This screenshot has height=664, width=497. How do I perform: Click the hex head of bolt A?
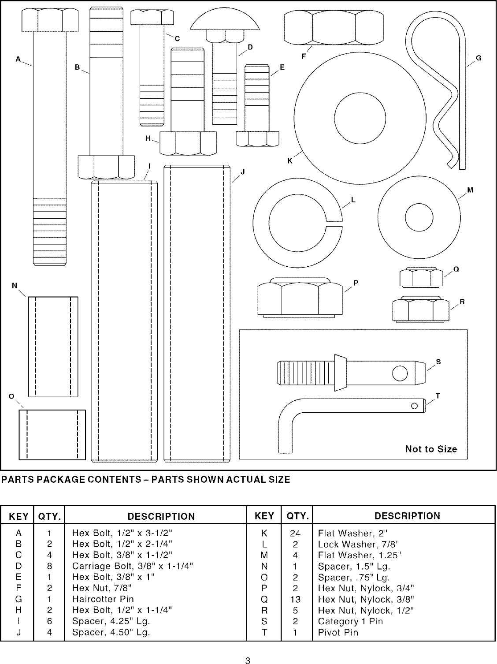click(50, 21)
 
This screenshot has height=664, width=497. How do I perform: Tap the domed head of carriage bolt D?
click(224, 20)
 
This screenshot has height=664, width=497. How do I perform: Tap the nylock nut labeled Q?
click(421, 277)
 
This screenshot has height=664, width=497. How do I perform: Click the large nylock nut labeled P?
click(300, 297)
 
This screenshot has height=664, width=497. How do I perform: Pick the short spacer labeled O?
click(52, 435)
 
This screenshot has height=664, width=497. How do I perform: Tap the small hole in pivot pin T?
click(414, 406)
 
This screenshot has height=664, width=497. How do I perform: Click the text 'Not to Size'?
click(431, 449)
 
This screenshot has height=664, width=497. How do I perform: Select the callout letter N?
click(15, 286)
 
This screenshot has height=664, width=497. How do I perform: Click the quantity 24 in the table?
click(295, 533)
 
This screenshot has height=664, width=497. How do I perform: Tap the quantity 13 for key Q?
click(295, 599)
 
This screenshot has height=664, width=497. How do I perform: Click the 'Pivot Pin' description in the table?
click(338, 632)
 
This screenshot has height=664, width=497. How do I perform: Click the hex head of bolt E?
click(257, 138)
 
